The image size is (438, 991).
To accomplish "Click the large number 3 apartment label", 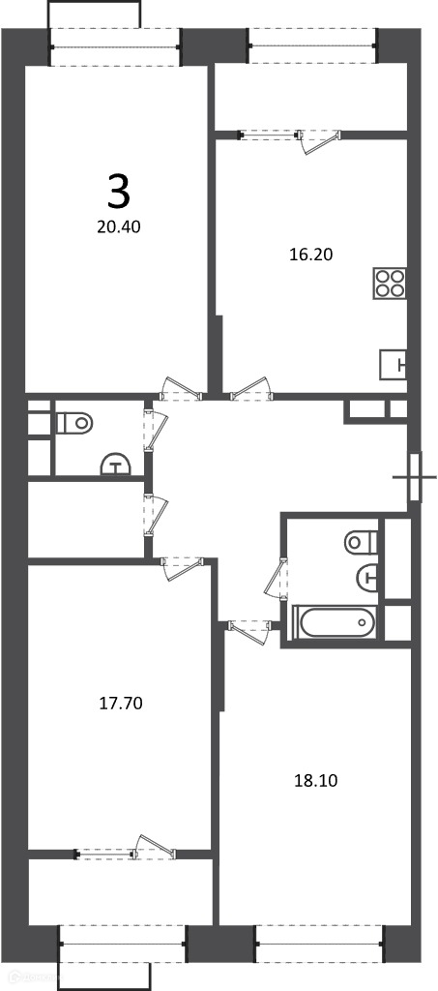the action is [x=119, y=193].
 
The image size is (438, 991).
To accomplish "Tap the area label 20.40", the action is [x=119, y=226].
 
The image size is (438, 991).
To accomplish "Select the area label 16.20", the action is [x=309, y=255].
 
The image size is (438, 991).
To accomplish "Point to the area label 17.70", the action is [x=121, y=703].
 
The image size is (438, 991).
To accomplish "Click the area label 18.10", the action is [x=316, y=781].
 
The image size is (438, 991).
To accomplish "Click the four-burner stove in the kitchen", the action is [x=389, y=284].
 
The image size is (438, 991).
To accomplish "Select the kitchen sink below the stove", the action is [x=393, y=365].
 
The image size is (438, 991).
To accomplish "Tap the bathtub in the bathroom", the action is [x=335, y=623].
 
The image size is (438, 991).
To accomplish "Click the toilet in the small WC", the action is [x=73, y=422].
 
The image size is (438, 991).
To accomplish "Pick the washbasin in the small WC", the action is [x=115, y=465].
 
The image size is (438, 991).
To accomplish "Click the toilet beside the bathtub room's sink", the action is [x=362, y=542].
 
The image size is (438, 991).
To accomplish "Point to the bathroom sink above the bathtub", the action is [x=367, y=577].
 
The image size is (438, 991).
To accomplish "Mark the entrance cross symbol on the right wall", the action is [x=414, y=477].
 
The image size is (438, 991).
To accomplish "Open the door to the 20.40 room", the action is [x=181, y=390].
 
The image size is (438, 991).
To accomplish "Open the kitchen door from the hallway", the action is [x=251, y=390].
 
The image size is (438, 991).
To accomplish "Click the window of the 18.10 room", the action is [x=319, y=945].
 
